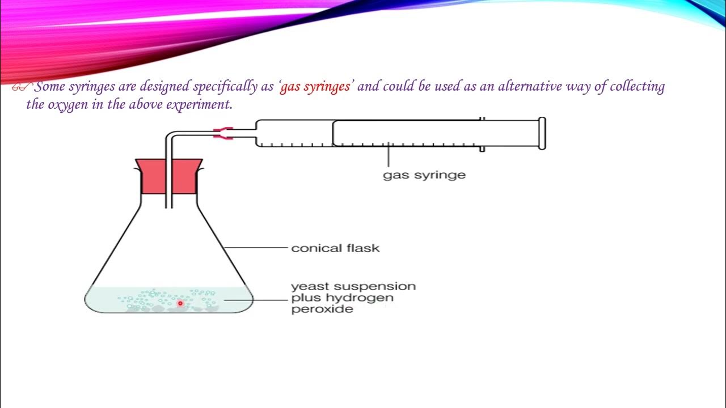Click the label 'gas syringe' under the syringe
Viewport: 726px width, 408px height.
(424, 175)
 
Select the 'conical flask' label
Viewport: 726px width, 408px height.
(335, 248)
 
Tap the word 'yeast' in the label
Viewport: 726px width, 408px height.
(310, 287)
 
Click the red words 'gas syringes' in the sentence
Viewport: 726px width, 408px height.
(315, 87)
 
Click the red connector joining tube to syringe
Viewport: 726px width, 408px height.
(223, 134)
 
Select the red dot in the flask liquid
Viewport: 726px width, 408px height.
(180, 303)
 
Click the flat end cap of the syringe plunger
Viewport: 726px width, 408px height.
(542, 133)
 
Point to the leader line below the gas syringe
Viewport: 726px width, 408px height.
(389, 156)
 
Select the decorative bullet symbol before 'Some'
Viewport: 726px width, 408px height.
(21, 87)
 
